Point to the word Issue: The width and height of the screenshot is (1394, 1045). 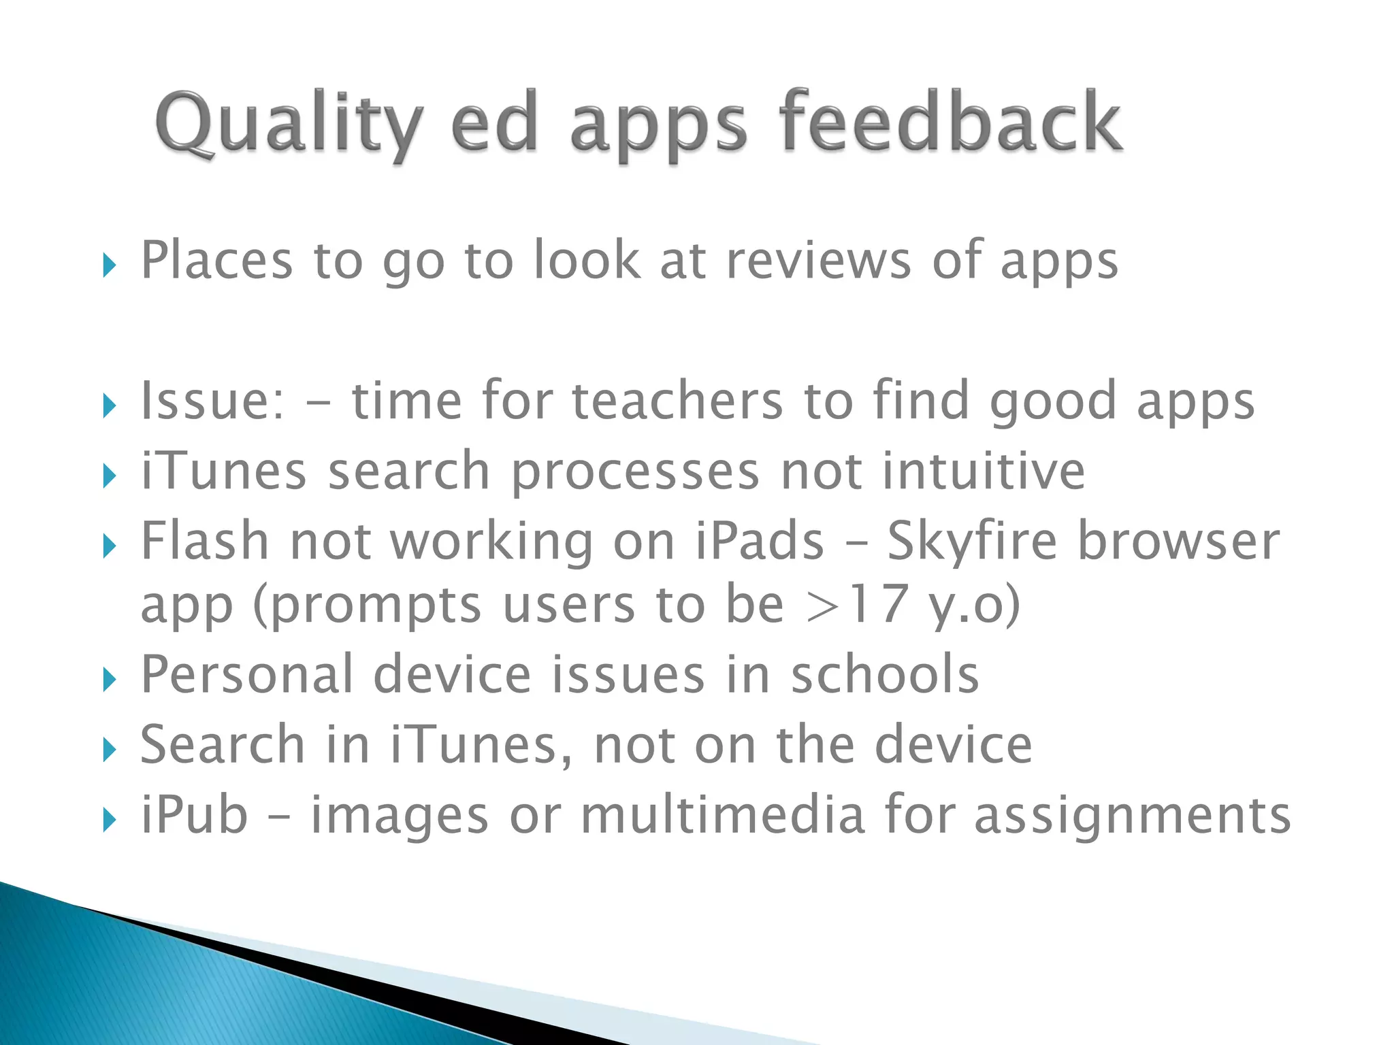[x=212, y=401]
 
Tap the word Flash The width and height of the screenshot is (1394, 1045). [x=205, y=541]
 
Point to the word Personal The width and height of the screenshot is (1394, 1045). [x=246, y=675]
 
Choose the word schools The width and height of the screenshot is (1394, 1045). [x=884, y=675]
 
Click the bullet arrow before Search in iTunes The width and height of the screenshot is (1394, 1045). [x=110, y=750]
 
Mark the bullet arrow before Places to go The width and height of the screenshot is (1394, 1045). [x=110, y=266]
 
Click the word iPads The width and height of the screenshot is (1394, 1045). [x=760, y=541]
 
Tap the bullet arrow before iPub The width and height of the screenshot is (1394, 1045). [x=110, y=820]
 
